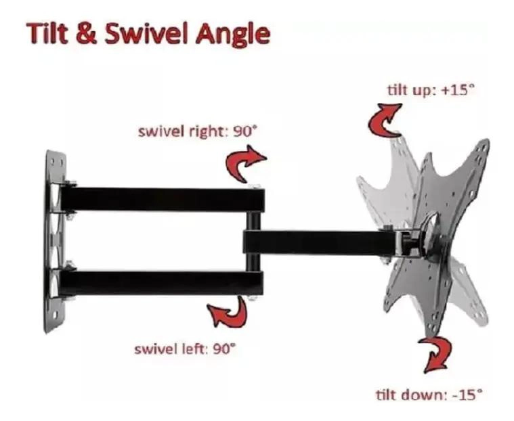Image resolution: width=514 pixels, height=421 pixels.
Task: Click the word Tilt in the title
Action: click(x=48, y=33)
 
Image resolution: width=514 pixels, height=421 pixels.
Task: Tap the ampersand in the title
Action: click(x=87, y=34)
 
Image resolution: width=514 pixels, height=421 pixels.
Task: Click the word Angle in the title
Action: click(x=233, y=35)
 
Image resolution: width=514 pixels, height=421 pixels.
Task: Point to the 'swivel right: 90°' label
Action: click(x=196, y=132)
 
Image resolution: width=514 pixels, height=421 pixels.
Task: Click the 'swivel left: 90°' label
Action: click(x=185, y=349)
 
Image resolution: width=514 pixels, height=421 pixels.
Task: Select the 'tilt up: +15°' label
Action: click(x=431, y=90)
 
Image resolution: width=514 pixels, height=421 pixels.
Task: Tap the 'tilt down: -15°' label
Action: click(x=429, y=395)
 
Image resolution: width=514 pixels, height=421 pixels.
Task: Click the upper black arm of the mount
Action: click(x=163, y=199)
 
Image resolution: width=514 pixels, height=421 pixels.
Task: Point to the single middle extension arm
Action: click(x=320, y=242)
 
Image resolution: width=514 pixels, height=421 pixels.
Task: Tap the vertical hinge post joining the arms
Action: click(x=253, y=242)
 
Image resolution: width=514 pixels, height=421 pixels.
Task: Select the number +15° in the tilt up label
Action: click(x=458, y=90)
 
